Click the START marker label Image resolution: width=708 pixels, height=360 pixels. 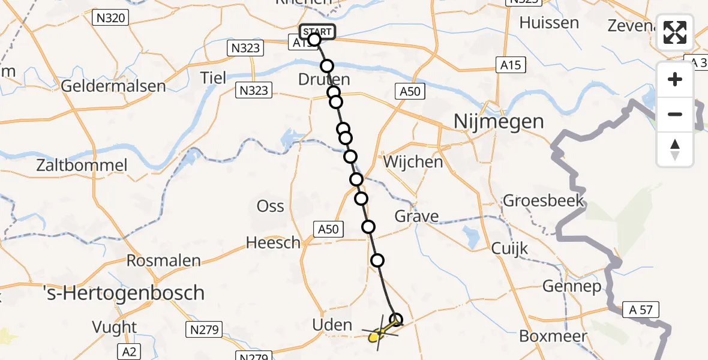point(316,31)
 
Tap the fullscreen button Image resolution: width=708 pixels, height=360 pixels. point(675,32)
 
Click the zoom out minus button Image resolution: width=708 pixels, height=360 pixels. point(675,114)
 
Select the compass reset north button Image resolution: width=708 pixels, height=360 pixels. point(675,149)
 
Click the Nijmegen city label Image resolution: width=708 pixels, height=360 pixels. point(490,122)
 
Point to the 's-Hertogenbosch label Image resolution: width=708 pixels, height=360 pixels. point(124,293)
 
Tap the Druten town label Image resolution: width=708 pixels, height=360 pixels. point(323,80)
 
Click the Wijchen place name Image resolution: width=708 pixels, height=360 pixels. point(413,161)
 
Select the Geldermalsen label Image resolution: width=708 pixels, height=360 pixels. point(113,86)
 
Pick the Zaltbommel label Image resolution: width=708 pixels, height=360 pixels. point(82,166)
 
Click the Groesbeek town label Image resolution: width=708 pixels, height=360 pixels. point(544,200)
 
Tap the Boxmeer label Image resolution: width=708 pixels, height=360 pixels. point(552,336)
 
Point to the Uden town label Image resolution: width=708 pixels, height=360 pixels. point(332,325)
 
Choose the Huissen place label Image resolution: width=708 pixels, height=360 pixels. point(549,23)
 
